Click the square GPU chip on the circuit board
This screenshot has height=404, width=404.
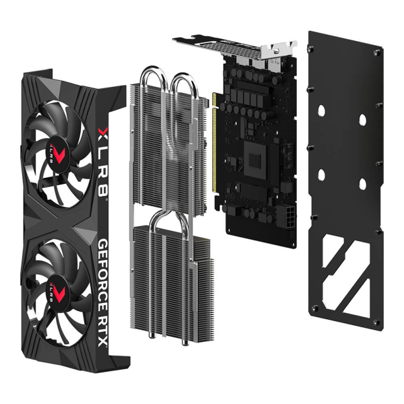(257, 160)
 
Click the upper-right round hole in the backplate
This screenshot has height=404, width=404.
(362, 120)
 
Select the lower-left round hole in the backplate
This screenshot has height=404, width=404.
(321, 175)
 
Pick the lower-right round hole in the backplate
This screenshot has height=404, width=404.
(362, 184)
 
